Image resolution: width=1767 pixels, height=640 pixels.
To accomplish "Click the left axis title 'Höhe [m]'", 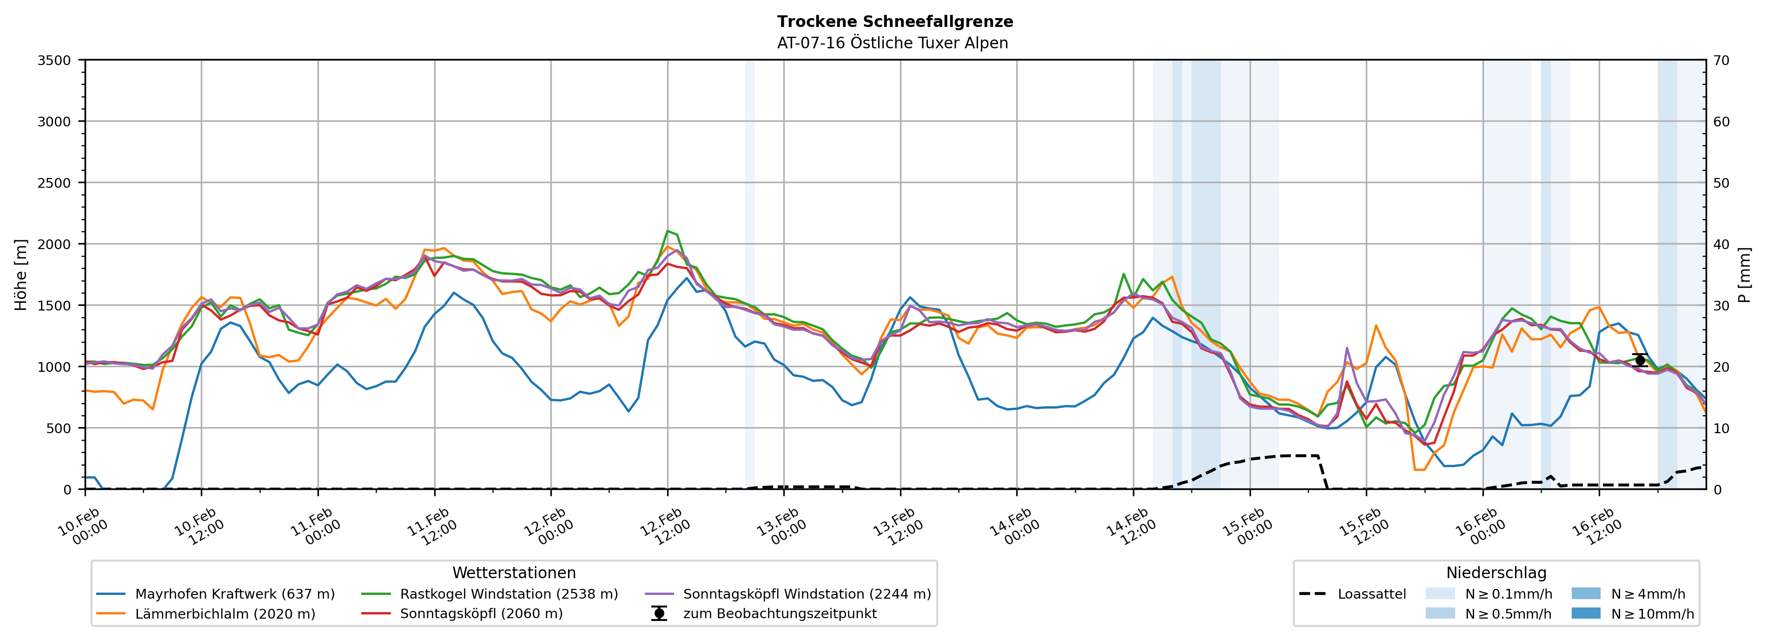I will (21, 274).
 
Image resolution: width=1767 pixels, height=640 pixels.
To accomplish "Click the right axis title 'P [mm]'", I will (1744, 274).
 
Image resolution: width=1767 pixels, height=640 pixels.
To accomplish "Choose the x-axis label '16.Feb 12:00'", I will (1596, 527).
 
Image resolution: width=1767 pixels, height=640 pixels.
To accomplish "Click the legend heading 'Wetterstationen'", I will (514, 573).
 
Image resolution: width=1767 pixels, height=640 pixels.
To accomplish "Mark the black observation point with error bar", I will (1640, 360).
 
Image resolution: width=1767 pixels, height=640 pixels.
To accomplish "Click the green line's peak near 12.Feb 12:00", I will (668, 231).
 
